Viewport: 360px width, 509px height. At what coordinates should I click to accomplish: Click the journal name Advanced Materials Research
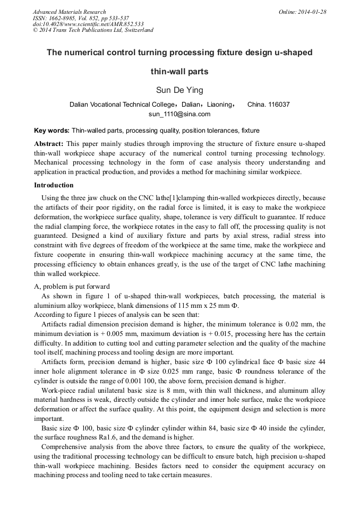(69, 12)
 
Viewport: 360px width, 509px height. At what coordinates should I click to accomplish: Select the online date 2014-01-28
(313, 12)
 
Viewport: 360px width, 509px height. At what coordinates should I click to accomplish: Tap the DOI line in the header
(88, 24)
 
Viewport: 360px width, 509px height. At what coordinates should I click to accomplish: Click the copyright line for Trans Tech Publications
(93, 30)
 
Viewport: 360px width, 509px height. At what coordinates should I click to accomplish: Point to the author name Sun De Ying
(179, 90)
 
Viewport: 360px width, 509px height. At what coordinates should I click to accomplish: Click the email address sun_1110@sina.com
(179, 114)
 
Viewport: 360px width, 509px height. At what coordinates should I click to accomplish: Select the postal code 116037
(279, 105)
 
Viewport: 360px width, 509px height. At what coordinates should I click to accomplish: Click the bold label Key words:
(52, 130)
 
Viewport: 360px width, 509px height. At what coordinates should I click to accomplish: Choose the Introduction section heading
(54, 185)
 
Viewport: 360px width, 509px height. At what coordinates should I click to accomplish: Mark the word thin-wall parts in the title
(179, 71)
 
